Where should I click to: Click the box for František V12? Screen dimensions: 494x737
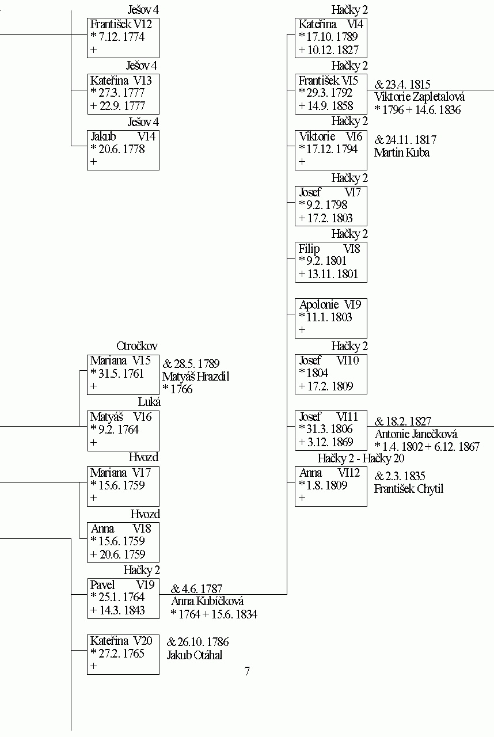click(123, 38)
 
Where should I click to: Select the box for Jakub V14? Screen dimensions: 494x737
click(123, 150)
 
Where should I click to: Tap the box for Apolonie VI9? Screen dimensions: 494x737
click(331, 318)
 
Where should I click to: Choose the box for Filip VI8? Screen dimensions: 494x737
click(331, 262)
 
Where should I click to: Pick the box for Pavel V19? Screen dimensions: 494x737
click(123, 598)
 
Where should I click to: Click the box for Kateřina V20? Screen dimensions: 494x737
click(123, 655)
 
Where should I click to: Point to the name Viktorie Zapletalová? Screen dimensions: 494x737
click(420, 97)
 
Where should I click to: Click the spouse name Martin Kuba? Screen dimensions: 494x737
click(402, 153)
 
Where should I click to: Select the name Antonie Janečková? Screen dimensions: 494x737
click(416, 434)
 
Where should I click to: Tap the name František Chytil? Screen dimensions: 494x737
click(409, 489)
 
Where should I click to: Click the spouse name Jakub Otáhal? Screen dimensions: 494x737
click(195, 655)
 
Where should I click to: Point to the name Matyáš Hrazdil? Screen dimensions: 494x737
click(196, 377)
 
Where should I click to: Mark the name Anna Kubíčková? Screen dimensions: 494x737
click(207, 601)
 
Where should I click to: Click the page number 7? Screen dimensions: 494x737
click(248, 671)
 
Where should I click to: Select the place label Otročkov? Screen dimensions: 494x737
click(137, 346)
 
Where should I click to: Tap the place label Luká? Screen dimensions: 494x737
click(149, 402)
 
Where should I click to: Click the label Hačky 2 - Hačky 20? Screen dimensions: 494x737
click(361, 458)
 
